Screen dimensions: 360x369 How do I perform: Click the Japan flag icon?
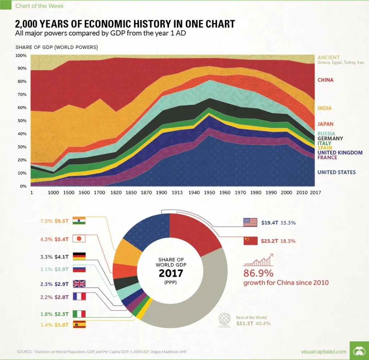pos(79,238)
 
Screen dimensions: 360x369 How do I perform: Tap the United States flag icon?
pos(250,222)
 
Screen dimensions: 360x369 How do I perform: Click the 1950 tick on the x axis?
pos(209,192)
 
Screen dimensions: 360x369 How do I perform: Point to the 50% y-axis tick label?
pos(21,121)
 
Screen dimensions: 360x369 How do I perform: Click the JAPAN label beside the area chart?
pos(325,124)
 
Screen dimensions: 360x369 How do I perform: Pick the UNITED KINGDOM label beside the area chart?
pos(339,153)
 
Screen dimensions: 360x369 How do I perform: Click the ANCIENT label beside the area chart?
pos(328,57)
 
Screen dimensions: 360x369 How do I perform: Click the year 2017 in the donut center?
pos(171,273)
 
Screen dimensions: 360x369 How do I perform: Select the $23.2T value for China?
pos(270,241)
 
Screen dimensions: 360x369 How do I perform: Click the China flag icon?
pos(250,241)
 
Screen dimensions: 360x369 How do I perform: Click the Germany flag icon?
pos(79,257)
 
